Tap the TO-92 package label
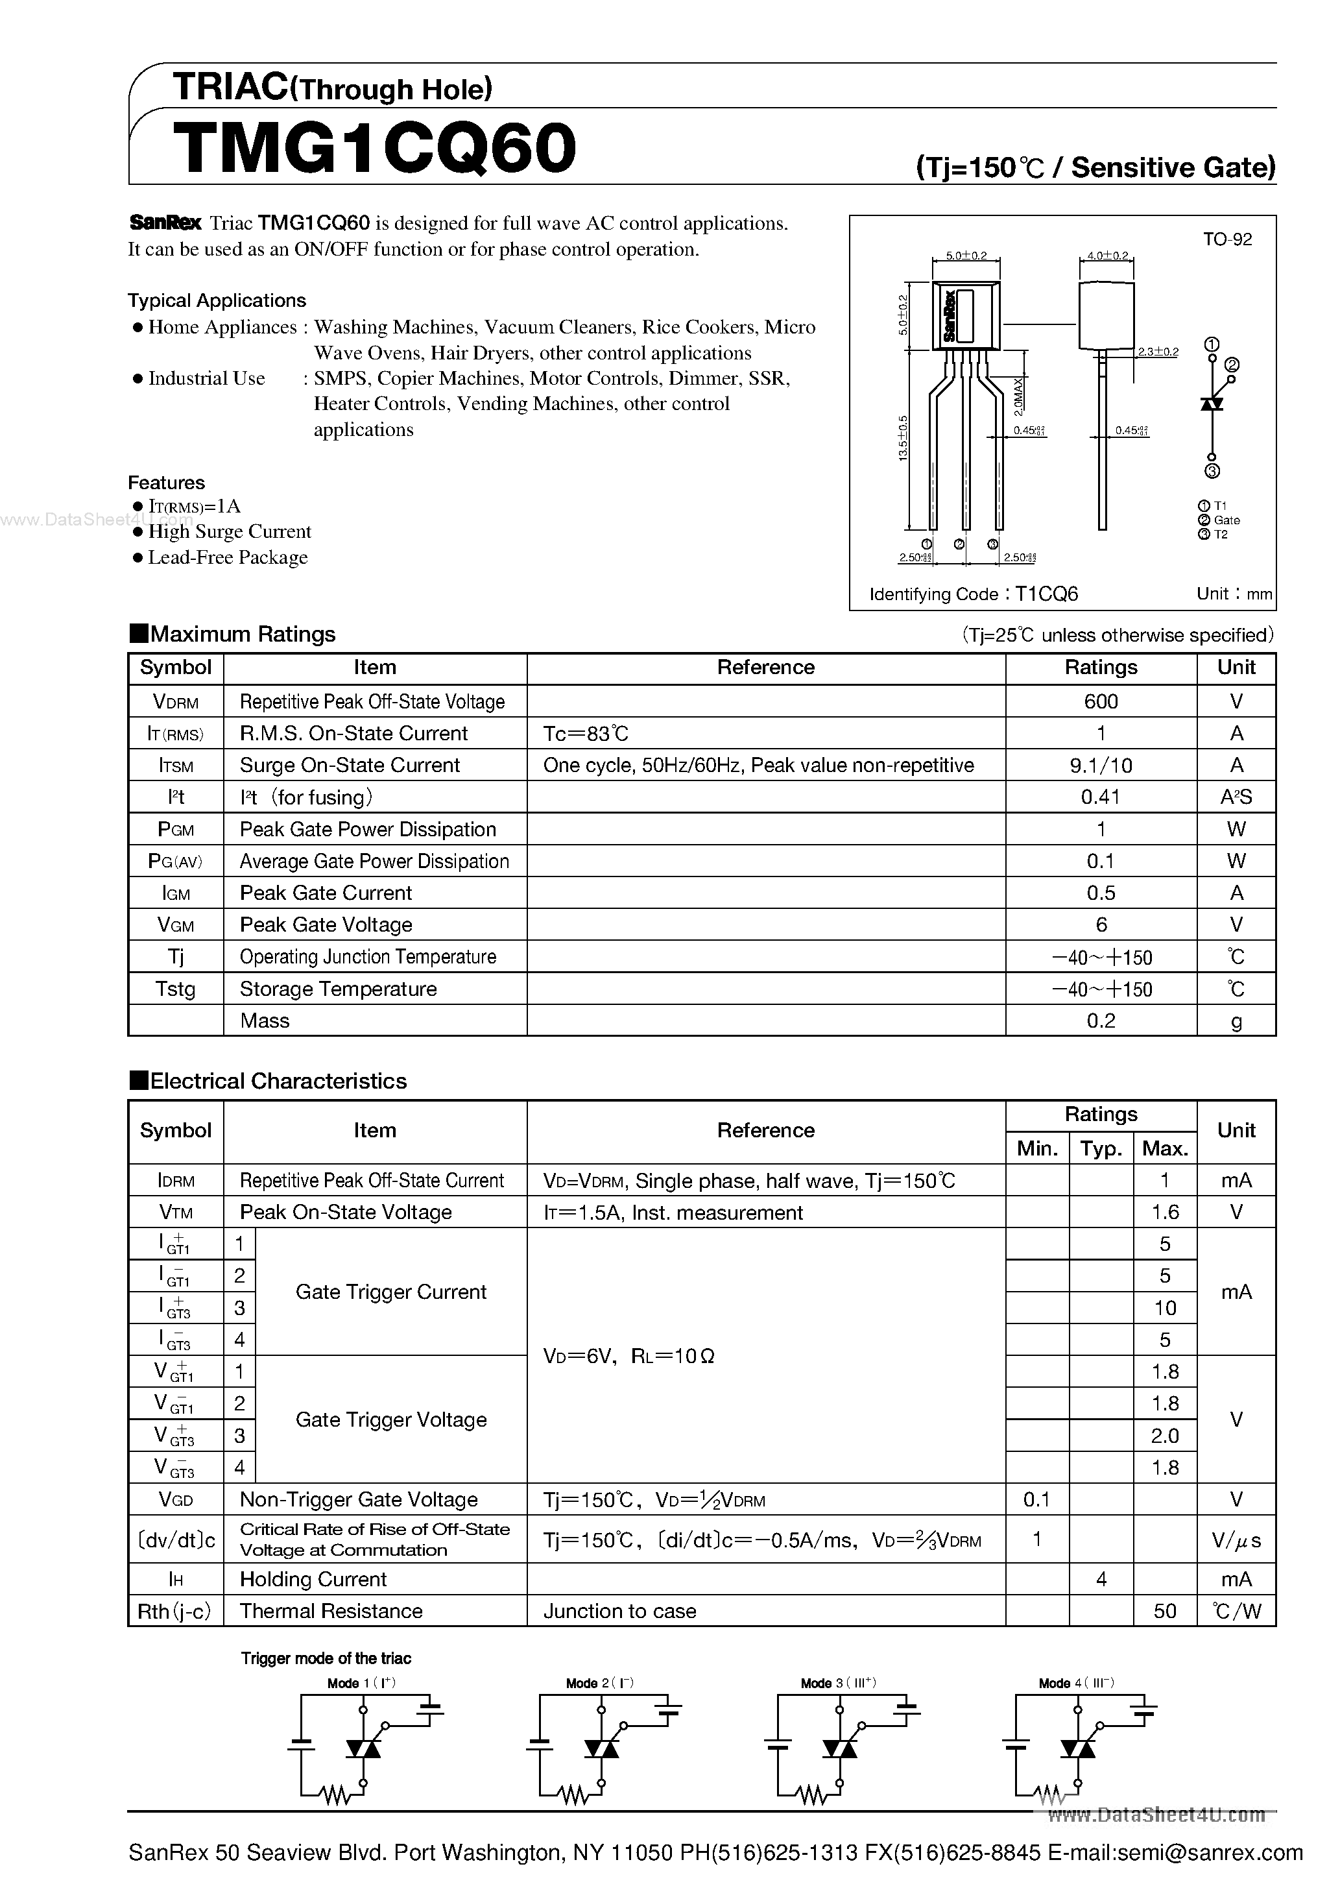click(x=1226, y=239)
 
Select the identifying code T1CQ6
click(x=1046, y=594)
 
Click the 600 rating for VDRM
click(x=1101, y=701)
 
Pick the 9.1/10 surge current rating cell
click(x=1101, y=765)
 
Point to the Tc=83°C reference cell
click(x=586, y=734)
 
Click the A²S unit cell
click(x=1236, y=797)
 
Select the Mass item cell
click(x=265, y=1021)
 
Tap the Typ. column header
click(x=1101, y=1148)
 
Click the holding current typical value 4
click(x=1101, y=1580)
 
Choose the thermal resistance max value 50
click(x=1164, y=1611)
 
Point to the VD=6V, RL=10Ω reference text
click(x=628, y=1356)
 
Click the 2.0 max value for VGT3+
click(x=1164, y=1436)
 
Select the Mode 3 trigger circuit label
click(x=838, y=1683)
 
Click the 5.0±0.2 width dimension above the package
click(x=966, y=256)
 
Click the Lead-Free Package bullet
click(x=227, y=558)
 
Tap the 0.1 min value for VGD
click(x=1037, y=1499)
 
